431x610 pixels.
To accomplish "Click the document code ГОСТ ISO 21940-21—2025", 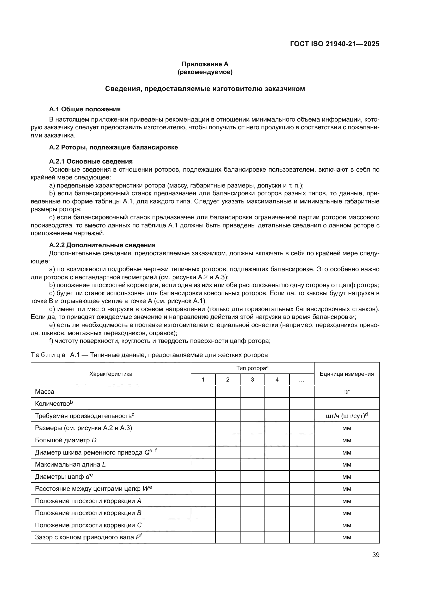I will click(x=334, y=44).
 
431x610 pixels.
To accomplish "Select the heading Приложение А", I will click(x=205, y=64).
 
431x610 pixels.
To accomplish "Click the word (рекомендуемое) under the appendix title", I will click(x=205, y=72).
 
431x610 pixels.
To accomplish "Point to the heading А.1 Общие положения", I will click(x=85, y=109).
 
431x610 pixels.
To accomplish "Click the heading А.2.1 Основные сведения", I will click(x=91, y=161).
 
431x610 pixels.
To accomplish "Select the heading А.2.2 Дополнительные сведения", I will click(x=102, y=245).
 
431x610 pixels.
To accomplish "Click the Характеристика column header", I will click(x=111, y=374).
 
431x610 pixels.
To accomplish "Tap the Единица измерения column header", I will click(x=347, y=374).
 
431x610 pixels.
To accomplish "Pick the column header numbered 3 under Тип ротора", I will click(x=252, y=380).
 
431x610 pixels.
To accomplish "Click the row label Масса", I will click(x=45, y=392).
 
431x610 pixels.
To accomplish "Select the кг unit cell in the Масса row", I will click(x=347, y=392).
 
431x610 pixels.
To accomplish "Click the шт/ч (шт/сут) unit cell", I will click(x=347, y=416).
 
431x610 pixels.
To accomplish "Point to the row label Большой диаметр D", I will click(x=66, y=440).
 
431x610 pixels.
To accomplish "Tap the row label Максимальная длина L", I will click(x=70, y=464).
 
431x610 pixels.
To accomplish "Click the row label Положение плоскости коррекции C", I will click(x=88, y=525).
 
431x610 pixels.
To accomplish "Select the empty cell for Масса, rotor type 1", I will click(x=203, y=392).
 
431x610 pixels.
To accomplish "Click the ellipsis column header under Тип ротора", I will click(x=301, y=380).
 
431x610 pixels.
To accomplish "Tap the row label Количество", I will click(x=54, y=404).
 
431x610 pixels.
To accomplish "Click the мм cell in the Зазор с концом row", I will click(x=347, y=537).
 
